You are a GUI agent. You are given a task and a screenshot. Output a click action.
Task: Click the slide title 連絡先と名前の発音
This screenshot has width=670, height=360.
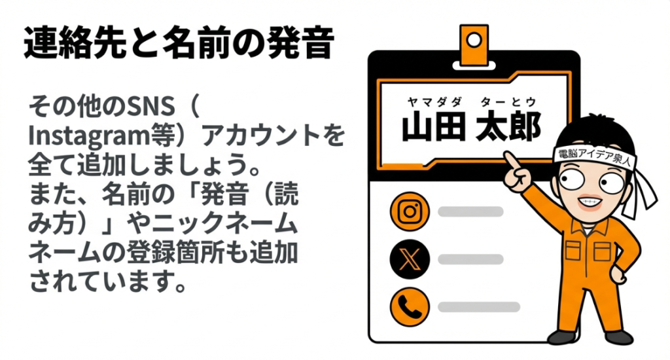(x=179, y=45)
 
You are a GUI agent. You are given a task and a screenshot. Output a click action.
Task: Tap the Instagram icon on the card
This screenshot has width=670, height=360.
(x=409, y=211)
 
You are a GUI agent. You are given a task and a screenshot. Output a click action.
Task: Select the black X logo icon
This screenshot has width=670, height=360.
(x=409, y=259)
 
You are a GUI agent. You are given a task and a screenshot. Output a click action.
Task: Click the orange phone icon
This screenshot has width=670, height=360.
(x=409, y=306)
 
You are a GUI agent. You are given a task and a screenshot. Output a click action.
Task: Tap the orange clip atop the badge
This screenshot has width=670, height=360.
(x=474, y=43)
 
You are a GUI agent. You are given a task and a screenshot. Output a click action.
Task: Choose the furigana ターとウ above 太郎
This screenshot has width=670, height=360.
(x=508, y=101)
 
